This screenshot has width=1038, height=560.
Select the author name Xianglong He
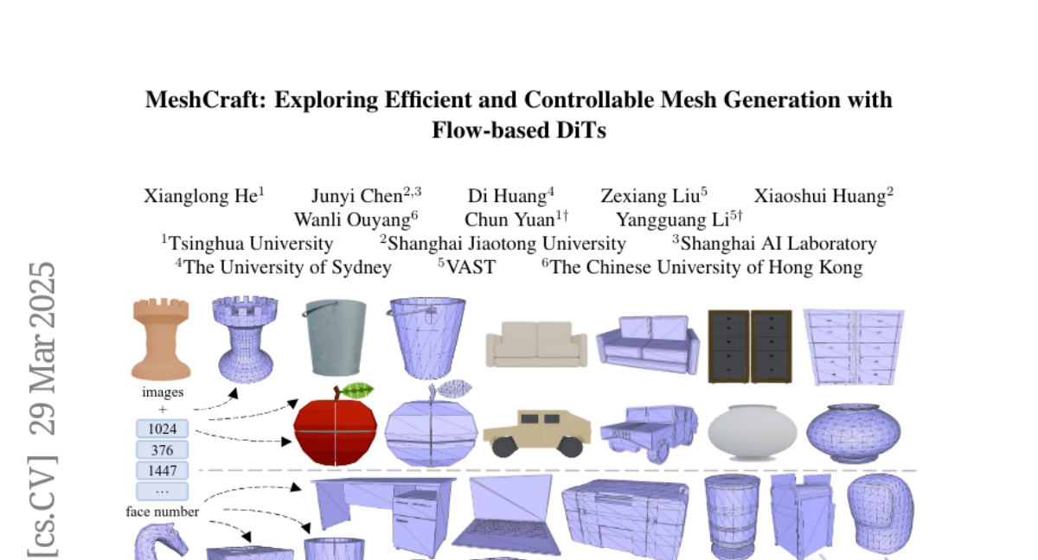[x=200, y=196]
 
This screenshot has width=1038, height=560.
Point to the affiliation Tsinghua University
[x=250, y=244]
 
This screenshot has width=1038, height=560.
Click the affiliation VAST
[x=471, y=267]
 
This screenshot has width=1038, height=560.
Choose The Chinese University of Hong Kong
[x=706, y=267]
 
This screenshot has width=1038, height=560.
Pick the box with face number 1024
[x=162, y=430]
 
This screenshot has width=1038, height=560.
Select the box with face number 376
[x=162, y=450]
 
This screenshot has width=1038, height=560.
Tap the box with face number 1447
[x=162, y=471]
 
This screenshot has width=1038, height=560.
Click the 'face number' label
[x=163, y=512]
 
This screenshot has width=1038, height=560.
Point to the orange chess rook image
[x=161, y=339]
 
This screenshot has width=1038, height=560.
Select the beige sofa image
[x=536, y=344]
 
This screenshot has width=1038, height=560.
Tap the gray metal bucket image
[x=336, y=338]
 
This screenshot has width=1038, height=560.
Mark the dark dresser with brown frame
[x=750, y=346]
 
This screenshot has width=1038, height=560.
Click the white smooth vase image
[x=753, y=430]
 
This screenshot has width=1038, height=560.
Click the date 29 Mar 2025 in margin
[x=42, y=348]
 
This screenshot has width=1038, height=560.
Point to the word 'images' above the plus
[x=163, y=391]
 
